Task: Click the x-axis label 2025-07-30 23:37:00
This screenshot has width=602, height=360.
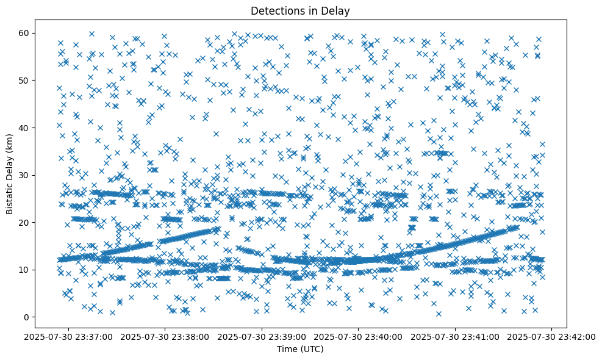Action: pos(68,336)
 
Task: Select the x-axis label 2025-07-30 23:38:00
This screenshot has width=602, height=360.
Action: pos(165,336)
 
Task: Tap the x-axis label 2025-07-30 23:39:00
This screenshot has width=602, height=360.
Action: pos(262,336)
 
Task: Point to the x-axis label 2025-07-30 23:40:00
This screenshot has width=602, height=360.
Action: pos(359,336)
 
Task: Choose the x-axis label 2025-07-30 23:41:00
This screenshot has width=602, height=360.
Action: pos(455,336)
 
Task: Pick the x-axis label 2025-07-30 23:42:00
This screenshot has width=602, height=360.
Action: pos(552,336)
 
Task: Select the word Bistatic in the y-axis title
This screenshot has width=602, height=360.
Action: pos(10,196)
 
